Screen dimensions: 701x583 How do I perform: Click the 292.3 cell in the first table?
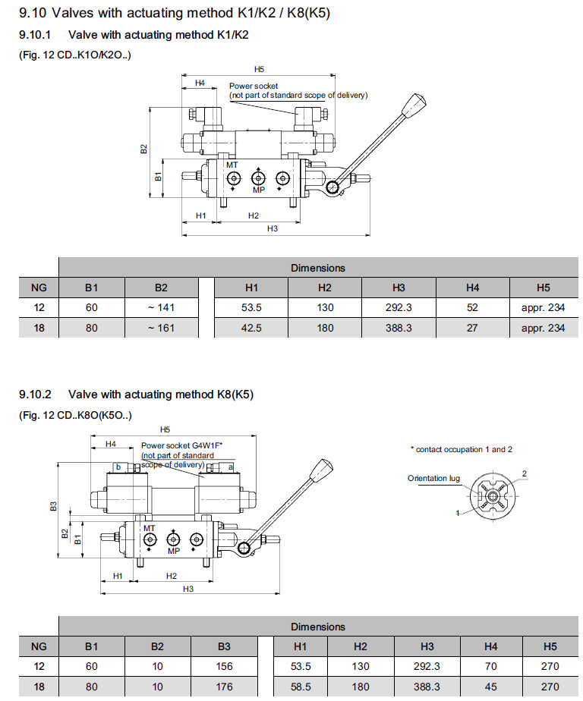[399, 308]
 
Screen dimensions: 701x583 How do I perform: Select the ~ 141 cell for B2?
[161, 308]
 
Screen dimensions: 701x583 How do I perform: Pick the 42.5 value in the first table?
[251, 328]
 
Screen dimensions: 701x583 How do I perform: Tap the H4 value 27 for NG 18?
[473, 328]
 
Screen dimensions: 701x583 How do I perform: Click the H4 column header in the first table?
[473, 288]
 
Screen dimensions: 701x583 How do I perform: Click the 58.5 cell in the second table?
[300, 687]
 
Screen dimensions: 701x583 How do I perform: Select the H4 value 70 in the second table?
[490, 667]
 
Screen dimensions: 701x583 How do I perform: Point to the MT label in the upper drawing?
[232, 164]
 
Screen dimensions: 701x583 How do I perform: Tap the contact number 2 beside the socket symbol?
[524, 473]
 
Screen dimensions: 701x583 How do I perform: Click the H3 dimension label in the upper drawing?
[272, 228]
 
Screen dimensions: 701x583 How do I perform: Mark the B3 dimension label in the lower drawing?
[53, 506]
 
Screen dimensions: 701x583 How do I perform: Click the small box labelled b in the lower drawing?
[118, 467]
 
